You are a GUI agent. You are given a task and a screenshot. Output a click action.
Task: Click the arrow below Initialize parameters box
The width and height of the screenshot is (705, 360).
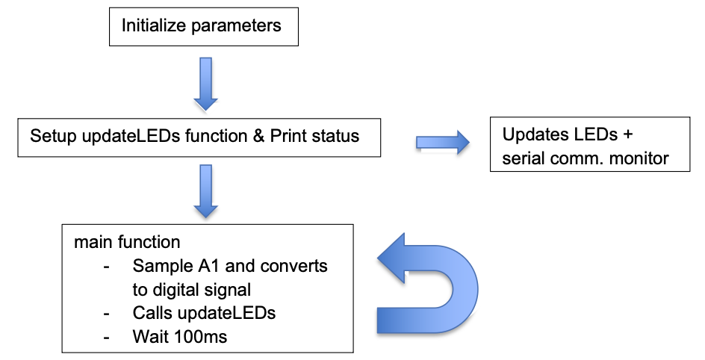(x=205, y=83)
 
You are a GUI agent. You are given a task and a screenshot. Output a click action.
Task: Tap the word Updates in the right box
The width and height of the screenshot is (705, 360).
(x=532, y=135)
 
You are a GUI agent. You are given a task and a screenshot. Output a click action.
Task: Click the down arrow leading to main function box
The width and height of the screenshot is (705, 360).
(x=205, y=191)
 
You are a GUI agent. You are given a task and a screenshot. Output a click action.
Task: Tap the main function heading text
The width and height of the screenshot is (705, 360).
(x=127, y=243)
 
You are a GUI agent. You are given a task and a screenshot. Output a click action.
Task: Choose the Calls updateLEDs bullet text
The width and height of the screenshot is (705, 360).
(x=204, y=313)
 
